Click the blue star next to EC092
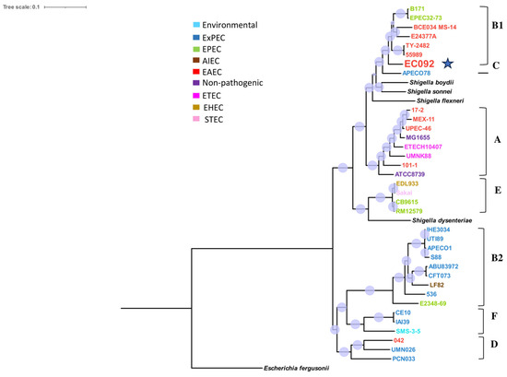(449, 63)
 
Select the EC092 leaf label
(419, 64)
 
